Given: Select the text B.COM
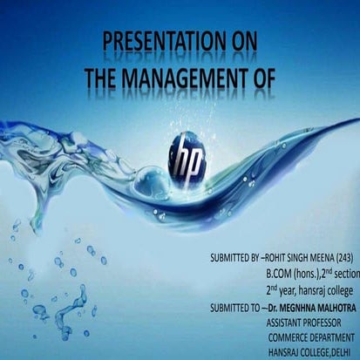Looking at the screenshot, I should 282,274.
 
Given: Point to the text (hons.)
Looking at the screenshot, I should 314,274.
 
